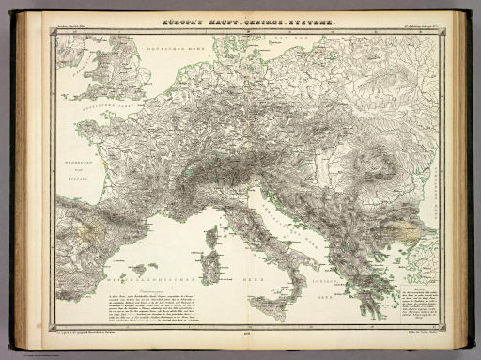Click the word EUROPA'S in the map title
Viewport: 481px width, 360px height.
coord(183,20)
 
